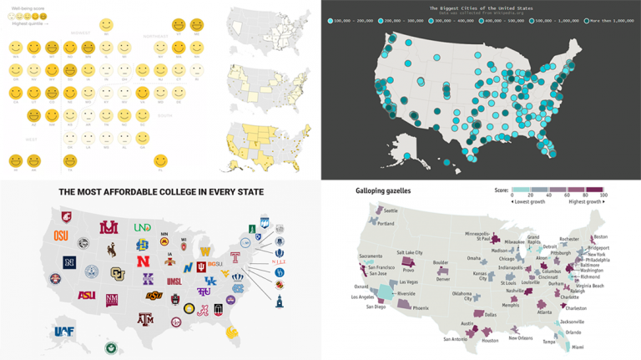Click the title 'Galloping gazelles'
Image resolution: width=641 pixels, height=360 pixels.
pos(364,191)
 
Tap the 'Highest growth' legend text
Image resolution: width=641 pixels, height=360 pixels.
pos(584,201)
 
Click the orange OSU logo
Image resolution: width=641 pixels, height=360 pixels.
pos(62,236)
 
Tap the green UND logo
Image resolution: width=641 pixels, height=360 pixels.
pos(143,227)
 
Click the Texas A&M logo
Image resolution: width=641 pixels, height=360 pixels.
pos(145,318)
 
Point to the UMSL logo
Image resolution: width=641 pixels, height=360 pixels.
pos(174,282)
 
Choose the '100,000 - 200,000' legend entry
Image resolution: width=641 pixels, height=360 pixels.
pos(351,19)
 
